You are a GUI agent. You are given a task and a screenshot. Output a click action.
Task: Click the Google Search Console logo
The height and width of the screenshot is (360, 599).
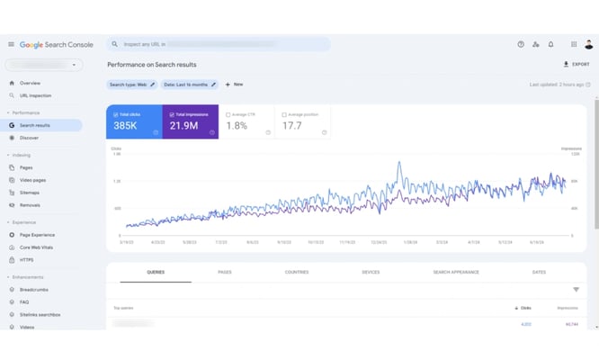coord(56,44)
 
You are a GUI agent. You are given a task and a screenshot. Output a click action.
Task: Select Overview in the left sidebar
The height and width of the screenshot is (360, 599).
coord(30,83)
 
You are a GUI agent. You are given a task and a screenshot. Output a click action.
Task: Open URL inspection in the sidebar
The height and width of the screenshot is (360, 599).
coord(35,95)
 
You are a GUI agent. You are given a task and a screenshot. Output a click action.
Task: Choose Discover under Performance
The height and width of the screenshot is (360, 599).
coord(29,138)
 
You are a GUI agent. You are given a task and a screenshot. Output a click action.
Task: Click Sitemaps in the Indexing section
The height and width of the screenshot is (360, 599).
coord(30,193)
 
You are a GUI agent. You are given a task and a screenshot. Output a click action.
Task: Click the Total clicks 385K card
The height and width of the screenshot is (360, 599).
coord(135,122)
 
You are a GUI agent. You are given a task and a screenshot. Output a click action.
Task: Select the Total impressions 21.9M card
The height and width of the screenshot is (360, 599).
coord(190,122)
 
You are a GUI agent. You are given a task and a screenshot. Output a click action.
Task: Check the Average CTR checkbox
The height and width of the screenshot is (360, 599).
coord(228,115)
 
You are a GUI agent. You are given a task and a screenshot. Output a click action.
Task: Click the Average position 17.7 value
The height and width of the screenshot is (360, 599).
coord(292,126)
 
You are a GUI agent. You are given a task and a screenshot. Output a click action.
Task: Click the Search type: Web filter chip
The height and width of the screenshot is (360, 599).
coord(131,85)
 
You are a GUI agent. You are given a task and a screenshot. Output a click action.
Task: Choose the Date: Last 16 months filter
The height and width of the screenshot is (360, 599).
coord(188,85)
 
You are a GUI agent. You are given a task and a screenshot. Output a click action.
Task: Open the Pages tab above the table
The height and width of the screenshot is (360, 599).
coord(224,272)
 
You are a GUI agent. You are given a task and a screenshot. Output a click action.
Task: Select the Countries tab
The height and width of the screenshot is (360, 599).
coord(296,272)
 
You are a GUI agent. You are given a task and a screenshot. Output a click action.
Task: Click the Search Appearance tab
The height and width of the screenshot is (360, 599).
coord(455,272)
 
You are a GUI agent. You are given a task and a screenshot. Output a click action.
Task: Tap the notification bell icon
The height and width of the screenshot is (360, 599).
coord(551,44)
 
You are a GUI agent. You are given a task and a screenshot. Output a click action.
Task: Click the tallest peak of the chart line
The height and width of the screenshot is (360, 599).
coord(398,164)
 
